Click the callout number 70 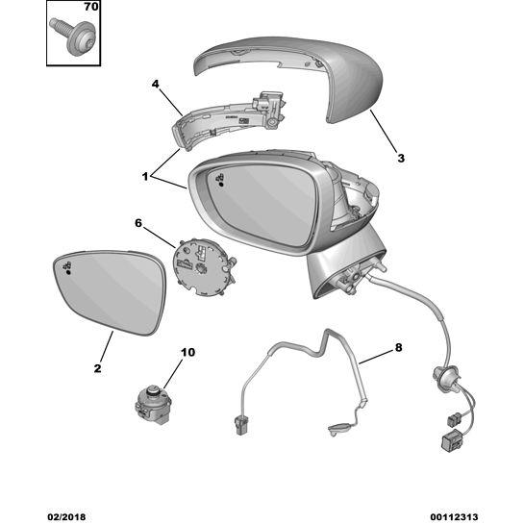(91, 7)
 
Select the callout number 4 (156, 85)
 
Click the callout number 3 (401, 158)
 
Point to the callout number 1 (145, 177)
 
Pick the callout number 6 (138, 223)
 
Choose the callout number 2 (97, 368)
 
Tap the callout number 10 (187, 352)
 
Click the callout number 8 (398, 347)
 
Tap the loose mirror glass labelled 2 (110, 291)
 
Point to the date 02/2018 (66, 517)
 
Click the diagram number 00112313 (454, 517)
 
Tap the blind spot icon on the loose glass (67, 267)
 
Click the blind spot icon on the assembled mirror (219, 180)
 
